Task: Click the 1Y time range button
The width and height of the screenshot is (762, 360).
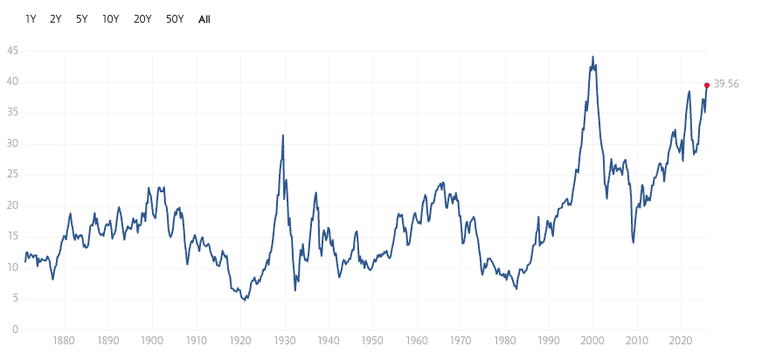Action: pos(31,18)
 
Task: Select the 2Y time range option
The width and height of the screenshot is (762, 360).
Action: pos(56,18)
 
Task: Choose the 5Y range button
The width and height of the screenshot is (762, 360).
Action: pos(81,18)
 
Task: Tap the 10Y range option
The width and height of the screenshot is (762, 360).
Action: pos(110,18)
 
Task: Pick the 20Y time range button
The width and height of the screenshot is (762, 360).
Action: pos(142,18)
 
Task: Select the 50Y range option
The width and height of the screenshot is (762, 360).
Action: pos(175,18)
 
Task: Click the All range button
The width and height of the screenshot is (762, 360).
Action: pos(204,18)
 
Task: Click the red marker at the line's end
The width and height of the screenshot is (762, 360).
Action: pos(706,85)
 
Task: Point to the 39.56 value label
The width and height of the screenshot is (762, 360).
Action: pos(726,85)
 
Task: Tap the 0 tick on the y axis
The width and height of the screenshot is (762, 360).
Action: pos(14,329)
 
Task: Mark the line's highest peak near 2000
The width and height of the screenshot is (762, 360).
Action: pos(593,58)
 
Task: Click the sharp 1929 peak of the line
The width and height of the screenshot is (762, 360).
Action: pos(283,135)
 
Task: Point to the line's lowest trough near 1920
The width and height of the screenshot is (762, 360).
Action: pos(246,300)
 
